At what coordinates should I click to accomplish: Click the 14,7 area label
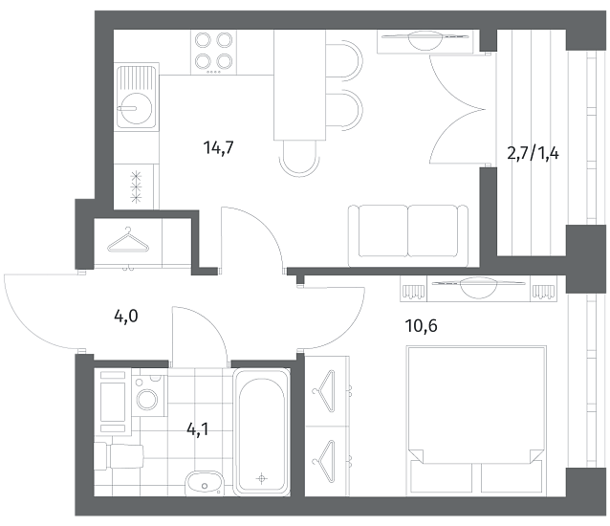[218, 148]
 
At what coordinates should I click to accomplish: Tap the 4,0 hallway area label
[126, 317]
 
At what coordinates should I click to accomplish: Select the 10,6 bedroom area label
[422, 325]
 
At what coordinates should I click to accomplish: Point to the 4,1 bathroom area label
[198, 429]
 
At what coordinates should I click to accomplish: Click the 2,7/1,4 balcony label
[533, 154]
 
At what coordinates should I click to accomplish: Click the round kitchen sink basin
[134, 108]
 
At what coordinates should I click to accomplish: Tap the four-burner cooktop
[213, 53]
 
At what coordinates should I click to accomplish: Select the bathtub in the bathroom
[262, 432]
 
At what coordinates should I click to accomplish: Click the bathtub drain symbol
[262, 478]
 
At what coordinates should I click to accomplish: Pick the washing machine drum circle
[147, 399]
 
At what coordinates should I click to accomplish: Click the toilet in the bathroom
[119, 455]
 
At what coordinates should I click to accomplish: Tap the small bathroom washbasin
[204, 484]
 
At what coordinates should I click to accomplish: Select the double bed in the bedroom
[476, 420]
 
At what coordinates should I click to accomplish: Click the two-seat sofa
[408, 236]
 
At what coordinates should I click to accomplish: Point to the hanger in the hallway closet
[128, 240]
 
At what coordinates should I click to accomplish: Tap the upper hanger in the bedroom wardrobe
[325, 390]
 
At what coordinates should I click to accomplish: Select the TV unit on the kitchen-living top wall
[425, 41]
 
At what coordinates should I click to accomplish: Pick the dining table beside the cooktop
[299, 85]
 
